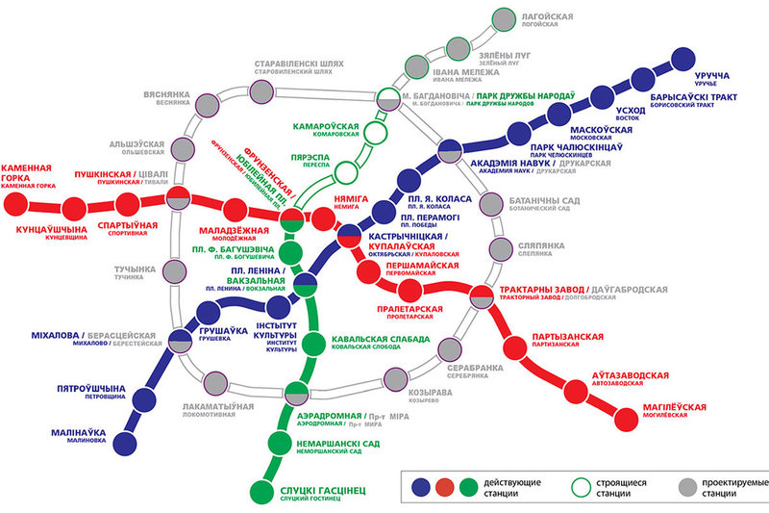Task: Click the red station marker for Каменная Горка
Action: [x=14, y=203]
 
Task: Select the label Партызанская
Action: [x=566, y=337]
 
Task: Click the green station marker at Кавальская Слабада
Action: [x=310, y=343]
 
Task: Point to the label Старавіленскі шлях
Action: [x=300, y=63]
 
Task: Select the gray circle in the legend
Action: [x=686, y=486]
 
